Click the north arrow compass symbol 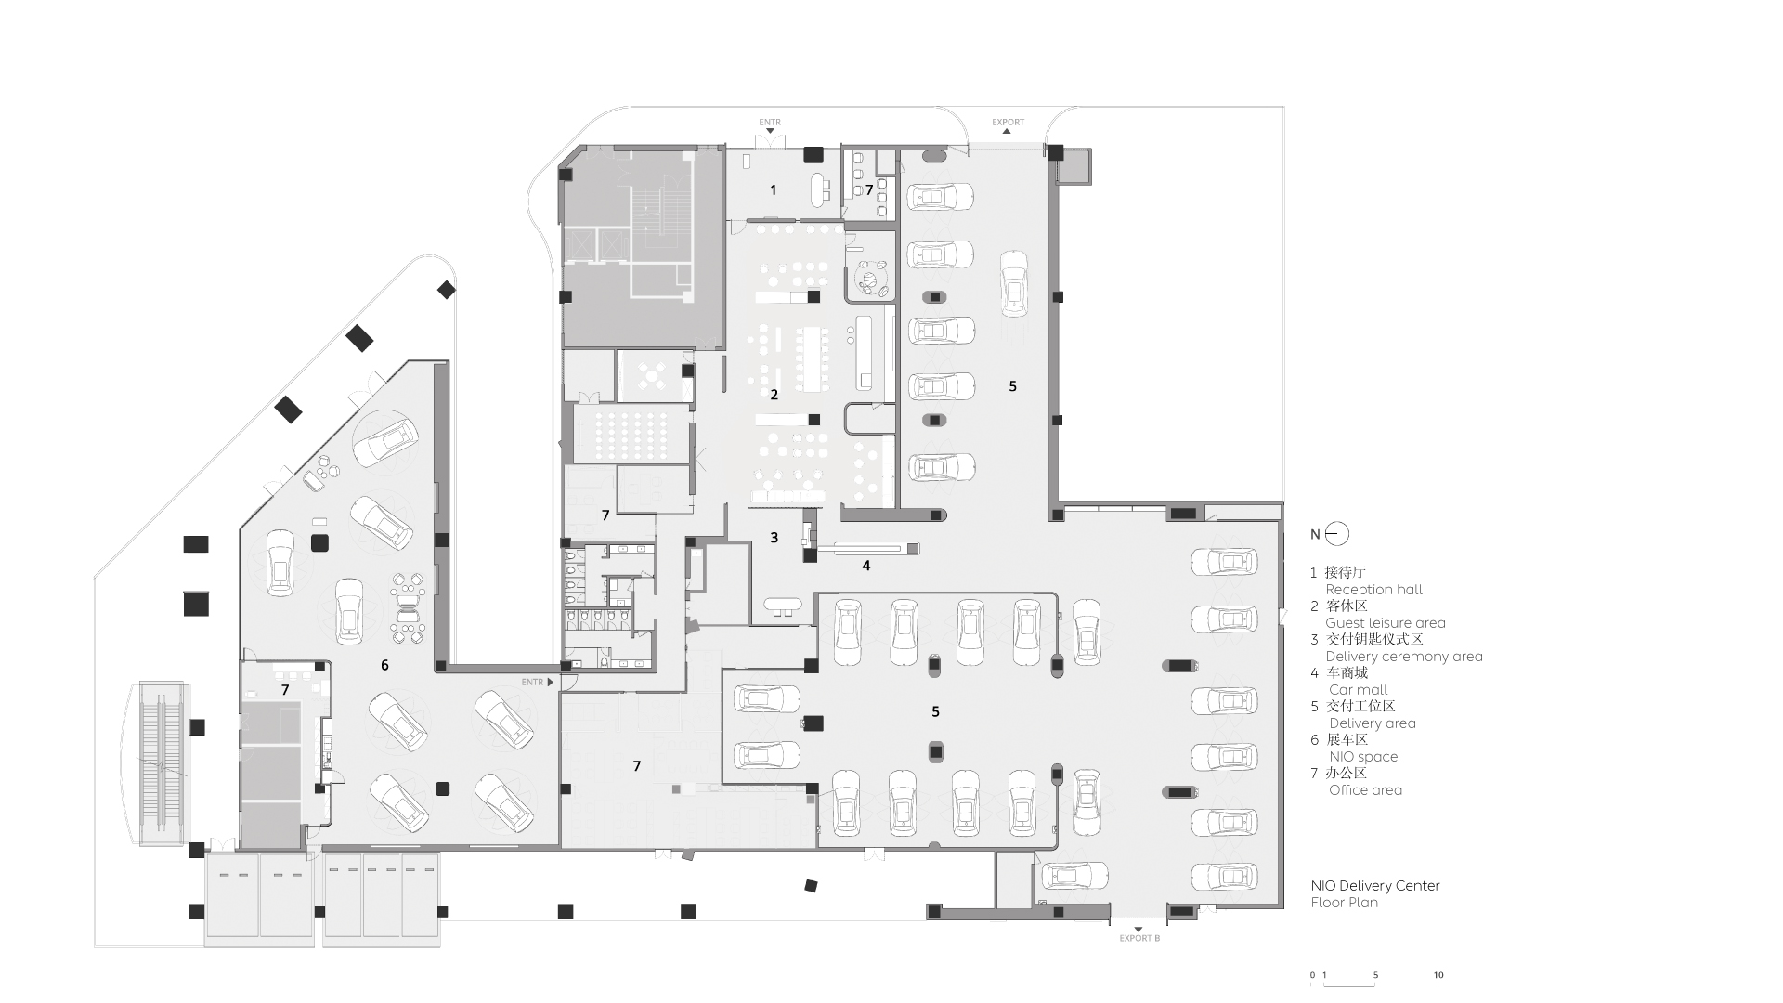1338,534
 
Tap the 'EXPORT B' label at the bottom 1139,939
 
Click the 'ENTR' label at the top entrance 770,123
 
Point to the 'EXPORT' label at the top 1008,123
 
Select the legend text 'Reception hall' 1373,590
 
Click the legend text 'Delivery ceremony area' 1404,657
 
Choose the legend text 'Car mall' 1359,690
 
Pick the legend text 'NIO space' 1363,757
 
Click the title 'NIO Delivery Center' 1375,886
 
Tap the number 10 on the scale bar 1438,975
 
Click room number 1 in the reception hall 774,190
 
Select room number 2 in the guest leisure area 774,395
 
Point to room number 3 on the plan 774,538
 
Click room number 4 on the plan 866,566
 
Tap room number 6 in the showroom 384,665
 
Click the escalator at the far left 161,763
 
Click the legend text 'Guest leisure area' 1386,623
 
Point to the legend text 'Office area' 1365,790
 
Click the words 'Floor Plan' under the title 1345,903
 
